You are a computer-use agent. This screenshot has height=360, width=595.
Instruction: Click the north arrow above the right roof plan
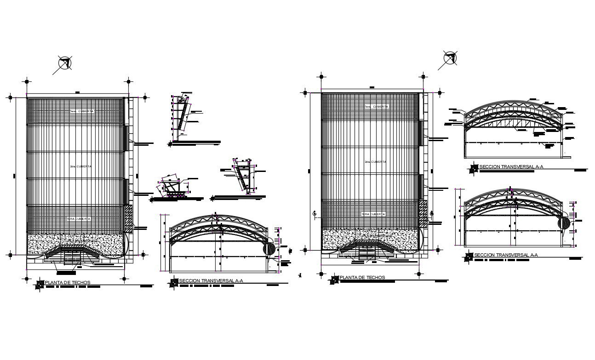tap(450, 58)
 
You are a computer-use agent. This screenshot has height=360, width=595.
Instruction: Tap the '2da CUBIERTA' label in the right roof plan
tap(375, 162)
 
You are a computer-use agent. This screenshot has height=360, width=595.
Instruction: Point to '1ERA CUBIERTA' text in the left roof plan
tap(78, 219)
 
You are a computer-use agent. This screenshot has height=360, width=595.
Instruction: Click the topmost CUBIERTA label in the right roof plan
tap(376, 107)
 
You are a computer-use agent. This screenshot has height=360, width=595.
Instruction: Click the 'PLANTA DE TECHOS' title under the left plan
tap(68, 282)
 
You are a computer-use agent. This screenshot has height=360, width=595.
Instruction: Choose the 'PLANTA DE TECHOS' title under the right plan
tap(362, 277)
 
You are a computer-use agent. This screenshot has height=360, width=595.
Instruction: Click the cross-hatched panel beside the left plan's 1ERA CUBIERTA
tap(129, 218)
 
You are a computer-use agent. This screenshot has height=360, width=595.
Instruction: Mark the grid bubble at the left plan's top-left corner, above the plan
tap(27, 82)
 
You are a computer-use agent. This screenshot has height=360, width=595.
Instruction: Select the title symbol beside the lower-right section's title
tap(469, 257)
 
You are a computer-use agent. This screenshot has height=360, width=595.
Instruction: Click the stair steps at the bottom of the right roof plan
tap(366, 252)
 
